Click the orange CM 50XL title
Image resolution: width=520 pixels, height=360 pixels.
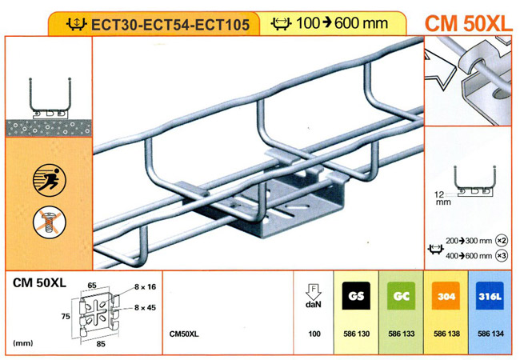[468, 23]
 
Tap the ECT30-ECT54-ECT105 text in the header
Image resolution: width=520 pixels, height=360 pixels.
[170, 25]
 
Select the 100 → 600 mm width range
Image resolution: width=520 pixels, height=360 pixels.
[342, 23]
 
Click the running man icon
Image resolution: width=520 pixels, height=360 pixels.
[50, 180]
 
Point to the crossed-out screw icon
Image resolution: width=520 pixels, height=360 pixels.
[50, 222]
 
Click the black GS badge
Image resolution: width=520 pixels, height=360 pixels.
[356, 296]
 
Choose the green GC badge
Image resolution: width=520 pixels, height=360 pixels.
[401, 296]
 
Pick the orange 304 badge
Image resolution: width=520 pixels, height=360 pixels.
[446, 296]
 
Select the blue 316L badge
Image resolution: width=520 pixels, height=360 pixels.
[490, 296]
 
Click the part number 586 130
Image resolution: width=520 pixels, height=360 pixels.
[356, 334]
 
